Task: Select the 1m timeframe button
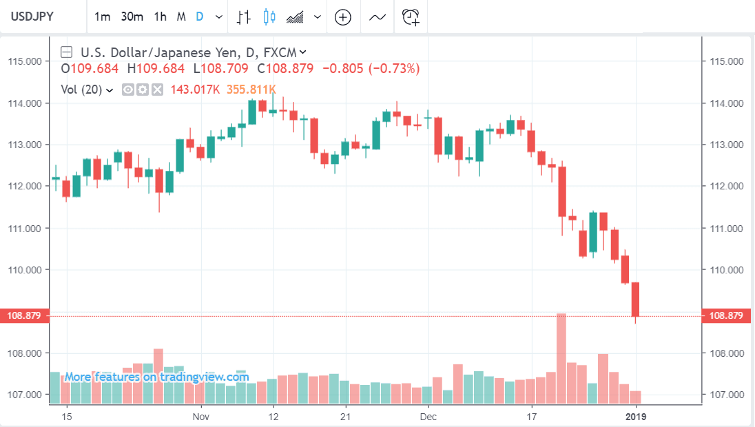tap(102, 17)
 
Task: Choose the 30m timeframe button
tap(132, 17)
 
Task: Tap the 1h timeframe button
tap(160, 17)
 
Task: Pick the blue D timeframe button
tap(199, 17)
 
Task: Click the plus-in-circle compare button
tap(342, 17)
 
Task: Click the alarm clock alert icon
tap(411, 17)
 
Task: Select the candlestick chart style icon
tap(269, 17)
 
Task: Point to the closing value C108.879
tap(285, 69)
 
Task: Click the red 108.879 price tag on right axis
tap(725, 316)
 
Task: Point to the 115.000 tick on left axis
tap(24, 61)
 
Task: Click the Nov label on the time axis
tap(200, 417)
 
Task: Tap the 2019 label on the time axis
tap(636, 417)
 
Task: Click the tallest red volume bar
tap(561, 358)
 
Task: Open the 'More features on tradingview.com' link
tap(156, 377)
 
